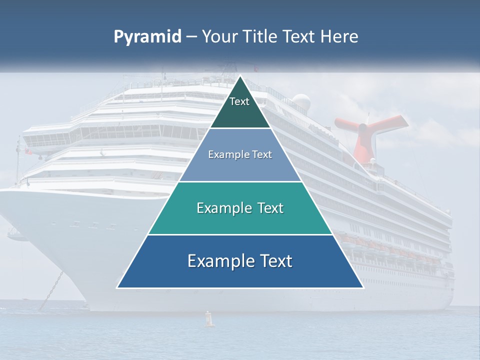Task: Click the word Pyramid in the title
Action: [147, 37]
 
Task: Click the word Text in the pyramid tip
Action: [239, 101]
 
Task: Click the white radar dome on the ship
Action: [301, 102]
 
